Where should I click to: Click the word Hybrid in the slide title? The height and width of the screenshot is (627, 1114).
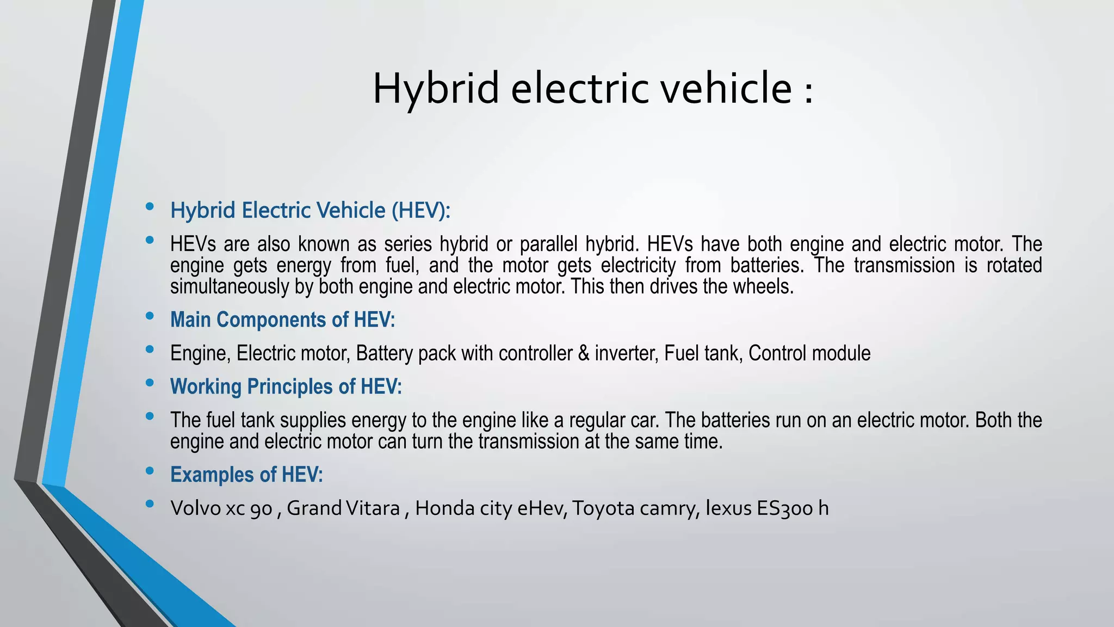[x=435, y=89]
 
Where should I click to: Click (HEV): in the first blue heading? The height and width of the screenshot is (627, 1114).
[x=421, y=211]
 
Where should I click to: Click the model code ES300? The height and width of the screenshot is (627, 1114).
[x=785, y=508]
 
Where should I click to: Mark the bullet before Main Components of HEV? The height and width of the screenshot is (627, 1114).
[x=150, y=316]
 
